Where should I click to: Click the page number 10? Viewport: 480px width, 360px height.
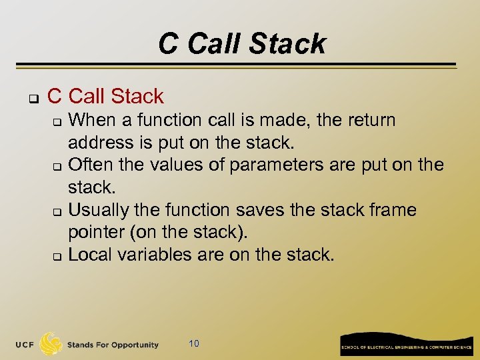coord(194,344)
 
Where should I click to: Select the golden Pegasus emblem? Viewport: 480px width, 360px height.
coord(51,344)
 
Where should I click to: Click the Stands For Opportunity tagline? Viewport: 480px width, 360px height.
coord(113,345)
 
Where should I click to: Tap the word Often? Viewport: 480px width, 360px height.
coord(89,165)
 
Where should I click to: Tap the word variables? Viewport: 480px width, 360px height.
coord(154,255)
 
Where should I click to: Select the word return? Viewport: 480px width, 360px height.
coord(372,121)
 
